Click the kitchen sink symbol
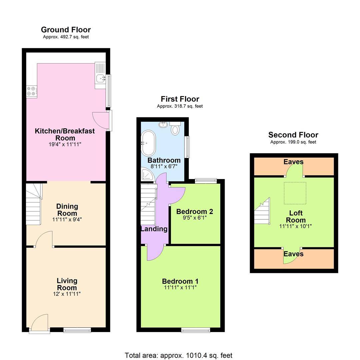[x=100, y=78]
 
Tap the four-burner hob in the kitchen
[x=32, y=91]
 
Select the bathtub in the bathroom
[x=147, y=143]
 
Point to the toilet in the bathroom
[x=175, y=129]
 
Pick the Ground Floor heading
[x=66, y=30]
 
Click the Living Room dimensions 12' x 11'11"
[x=67, y=294]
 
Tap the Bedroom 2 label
[x=195, y=212]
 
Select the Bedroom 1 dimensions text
[x=180, y=287]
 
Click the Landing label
[x=154, y=229]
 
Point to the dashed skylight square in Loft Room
[x=295, y=193]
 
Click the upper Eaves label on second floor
[x=293, y=162]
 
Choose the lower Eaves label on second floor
[x=293, y=254]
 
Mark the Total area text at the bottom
[x=178, y=355]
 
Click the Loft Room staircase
[x=262, y=212]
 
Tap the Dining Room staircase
[x=34, y=204]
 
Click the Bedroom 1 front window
[x=196, y=330]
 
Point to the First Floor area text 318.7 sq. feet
[x=180, y=106]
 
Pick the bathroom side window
[x=188, y=147]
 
